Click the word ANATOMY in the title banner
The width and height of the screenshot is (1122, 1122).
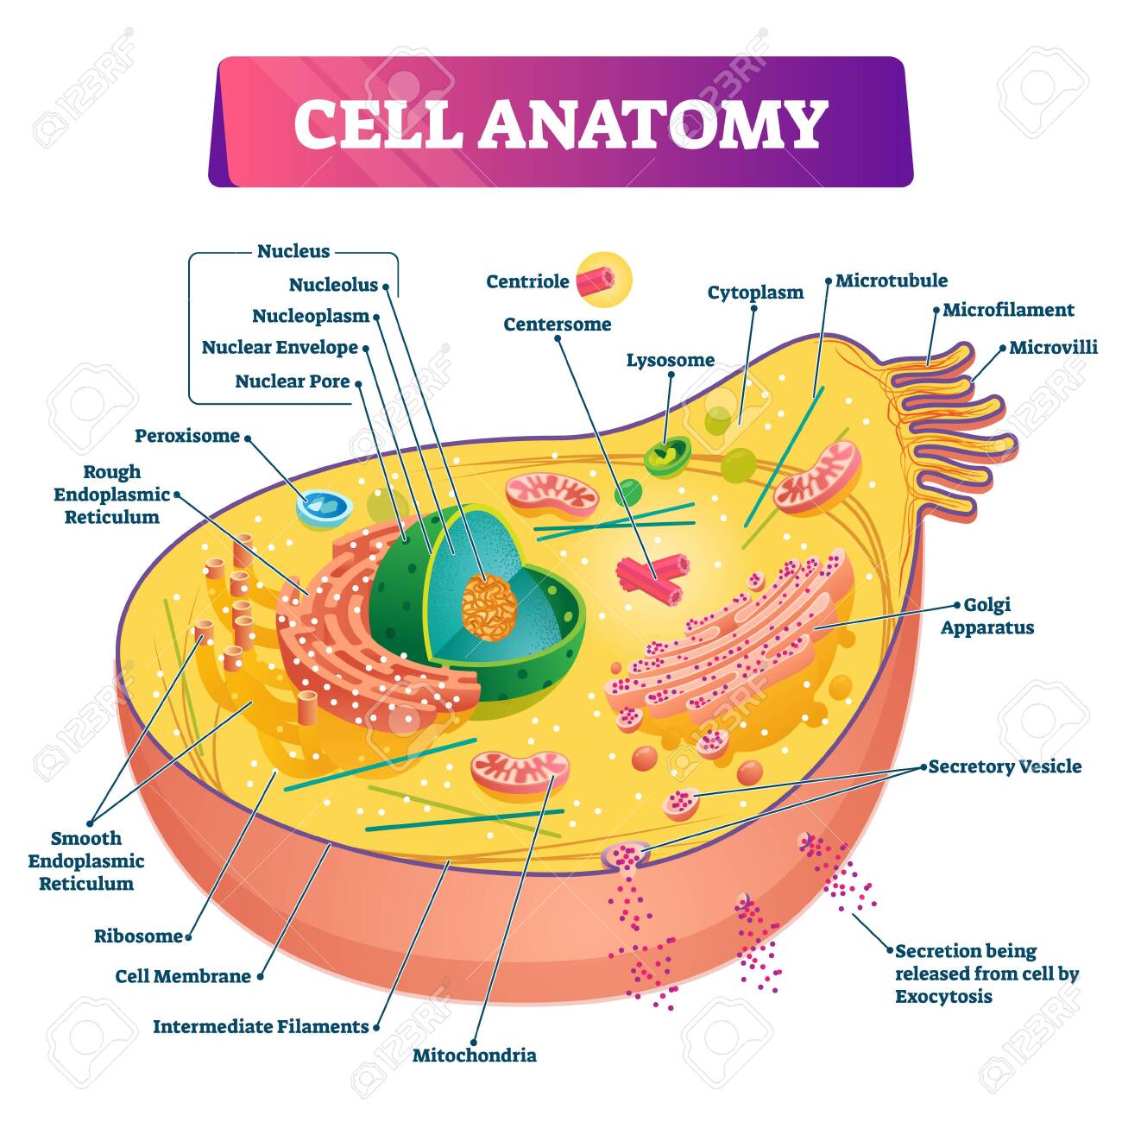pos(652,123)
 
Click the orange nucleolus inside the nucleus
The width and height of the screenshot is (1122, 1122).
pos(489,607)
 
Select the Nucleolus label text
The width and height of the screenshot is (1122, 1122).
pos(334,285)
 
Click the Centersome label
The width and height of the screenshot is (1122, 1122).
pos(558,325)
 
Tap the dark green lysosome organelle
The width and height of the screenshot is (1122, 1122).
pos(667,455)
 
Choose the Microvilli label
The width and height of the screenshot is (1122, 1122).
pos(1053,348)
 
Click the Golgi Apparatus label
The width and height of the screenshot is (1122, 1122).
pos(987,616)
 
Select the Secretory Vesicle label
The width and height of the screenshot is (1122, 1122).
pos(1005,766)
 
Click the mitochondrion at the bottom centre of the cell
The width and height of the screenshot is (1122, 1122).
pos(520,772)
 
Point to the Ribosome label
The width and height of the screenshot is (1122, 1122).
pos(139,936)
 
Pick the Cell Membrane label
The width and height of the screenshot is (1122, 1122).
pos(183,976)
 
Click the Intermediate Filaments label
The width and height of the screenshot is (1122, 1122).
pos(261,1026)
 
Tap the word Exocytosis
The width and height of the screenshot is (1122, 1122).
pos(943,996)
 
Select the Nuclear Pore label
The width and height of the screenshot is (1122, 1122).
pos(293,381)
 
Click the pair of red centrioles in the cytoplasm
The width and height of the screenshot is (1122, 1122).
pos(653,579)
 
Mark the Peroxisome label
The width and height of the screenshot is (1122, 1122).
pos(187,436)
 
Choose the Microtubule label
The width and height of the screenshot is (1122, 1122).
pos(892,280)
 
